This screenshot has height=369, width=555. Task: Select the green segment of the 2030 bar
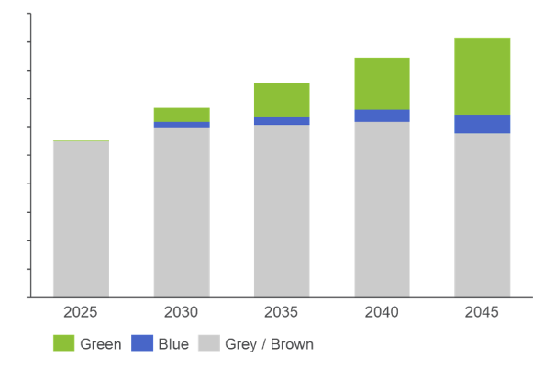pos(182,115)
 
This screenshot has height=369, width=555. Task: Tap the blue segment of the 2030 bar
pos(182,125)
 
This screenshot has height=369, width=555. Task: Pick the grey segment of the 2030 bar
pos(182,212)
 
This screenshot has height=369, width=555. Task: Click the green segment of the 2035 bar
pos(282,99)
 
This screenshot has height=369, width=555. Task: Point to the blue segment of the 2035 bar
pos(282,120)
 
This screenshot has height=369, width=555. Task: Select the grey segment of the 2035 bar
pos(282,211)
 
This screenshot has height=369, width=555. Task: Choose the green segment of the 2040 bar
pos(382,84)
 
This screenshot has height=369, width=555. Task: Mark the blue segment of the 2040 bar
pos(382,116)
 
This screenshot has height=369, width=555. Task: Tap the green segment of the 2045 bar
pos(483,76)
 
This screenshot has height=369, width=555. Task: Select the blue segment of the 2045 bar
pos(483,124)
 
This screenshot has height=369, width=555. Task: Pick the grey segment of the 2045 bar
pos(483,216)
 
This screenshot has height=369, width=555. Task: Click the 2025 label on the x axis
pos(81,313)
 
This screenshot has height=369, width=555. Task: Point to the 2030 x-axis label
pos(182,313)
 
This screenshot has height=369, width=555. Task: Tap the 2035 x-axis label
pos(282,313)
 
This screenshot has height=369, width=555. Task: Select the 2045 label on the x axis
pos(483,313)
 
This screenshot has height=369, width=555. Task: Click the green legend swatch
pos(63,344)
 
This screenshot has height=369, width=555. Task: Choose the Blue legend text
pos(173,344)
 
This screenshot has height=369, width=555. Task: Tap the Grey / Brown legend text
pos(269,344)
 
